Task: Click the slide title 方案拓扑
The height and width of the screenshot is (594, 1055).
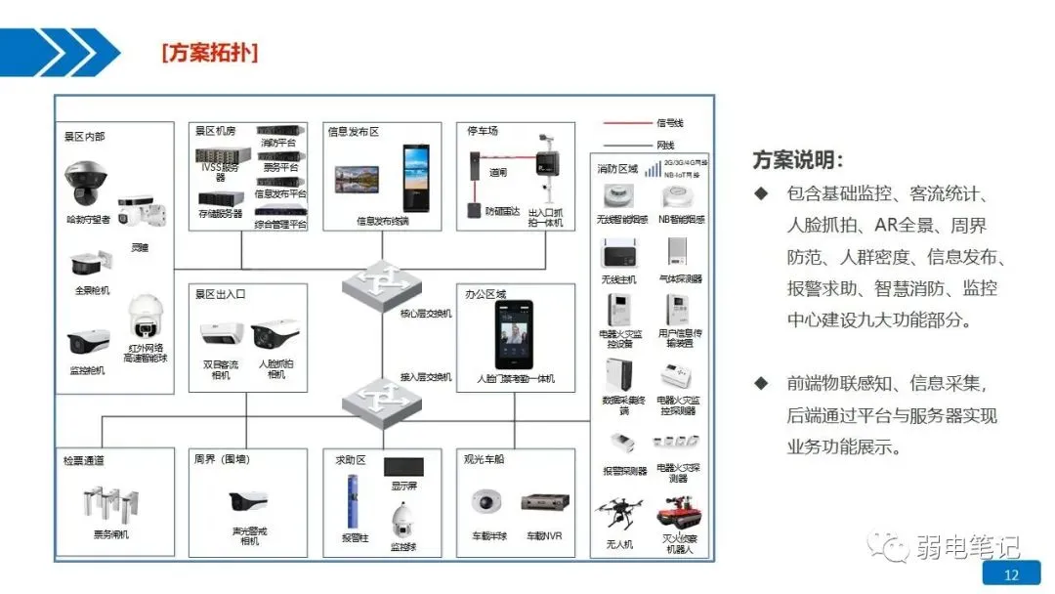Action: pyautogui.click(x=210, y=52)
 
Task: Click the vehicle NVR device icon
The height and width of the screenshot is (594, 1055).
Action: pyautogui.click(x=544, y=503)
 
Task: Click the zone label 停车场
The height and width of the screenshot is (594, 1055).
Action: pyautogui.click(x=483, y=131)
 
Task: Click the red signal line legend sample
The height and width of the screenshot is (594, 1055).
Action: pyautogui.click(x=626, y=123)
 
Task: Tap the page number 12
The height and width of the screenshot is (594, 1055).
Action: pyautogui.click(x=1011, y=574)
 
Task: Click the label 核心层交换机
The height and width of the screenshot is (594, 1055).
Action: pyautogui.click(x=426, y=314)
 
